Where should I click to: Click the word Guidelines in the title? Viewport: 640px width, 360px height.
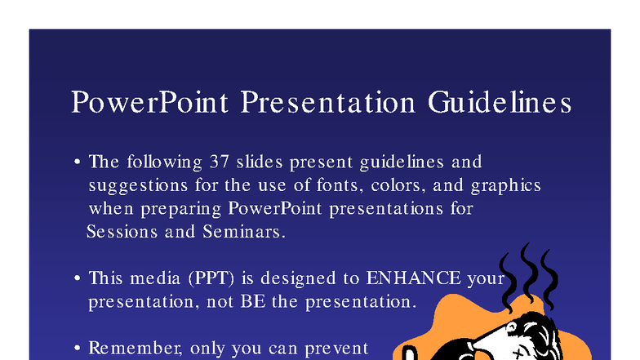(499, 104)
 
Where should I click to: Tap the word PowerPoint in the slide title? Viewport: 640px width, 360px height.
(152, 104)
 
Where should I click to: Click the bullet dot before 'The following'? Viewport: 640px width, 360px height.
(77, 162)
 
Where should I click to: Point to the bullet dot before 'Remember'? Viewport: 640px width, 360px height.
(77, 349)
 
